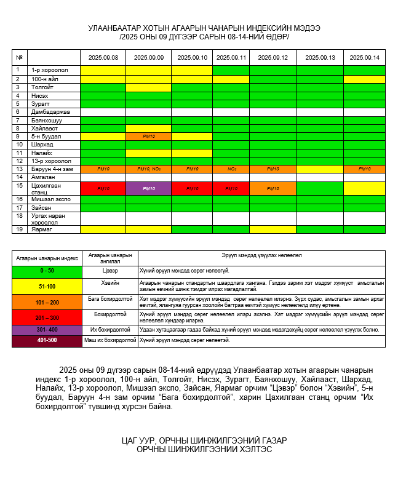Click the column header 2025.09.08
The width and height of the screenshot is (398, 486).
click(x=103, y=57)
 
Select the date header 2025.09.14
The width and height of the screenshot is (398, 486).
click(x=364, y=57)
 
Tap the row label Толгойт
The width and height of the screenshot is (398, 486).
click(x=42, y=87)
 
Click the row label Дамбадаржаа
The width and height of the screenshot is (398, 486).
click(x=50, y=112)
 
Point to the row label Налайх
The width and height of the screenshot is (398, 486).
click(x=42, y=153)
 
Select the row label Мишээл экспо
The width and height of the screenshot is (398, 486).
click(x=51, y=199)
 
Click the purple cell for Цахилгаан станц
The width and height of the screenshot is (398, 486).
click(x=148, y=188)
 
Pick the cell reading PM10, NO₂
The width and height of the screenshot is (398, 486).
click(x=148, y=169)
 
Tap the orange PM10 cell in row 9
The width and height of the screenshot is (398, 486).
click(x=148, y=136)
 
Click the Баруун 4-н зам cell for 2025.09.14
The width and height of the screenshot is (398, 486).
click(x=364, y=169)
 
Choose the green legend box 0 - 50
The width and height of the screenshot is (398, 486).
click(x=47, y=271)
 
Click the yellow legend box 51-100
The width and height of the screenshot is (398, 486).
click(x=47, y=286)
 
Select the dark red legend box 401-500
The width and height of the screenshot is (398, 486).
click(x=47, y=340)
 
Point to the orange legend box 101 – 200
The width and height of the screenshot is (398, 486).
click(x=47, y=302)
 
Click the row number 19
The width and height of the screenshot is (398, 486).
click(x=20, y=229)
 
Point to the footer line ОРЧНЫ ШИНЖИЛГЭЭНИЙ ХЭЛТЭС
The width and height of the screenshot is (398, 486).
click(x=204, y=450)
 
